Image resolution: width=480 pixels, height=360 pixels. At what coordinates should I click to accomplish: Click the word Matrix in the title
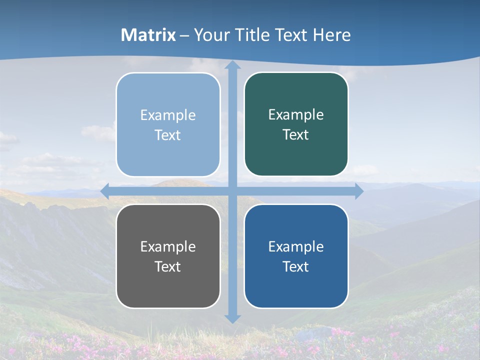tap(148, 35)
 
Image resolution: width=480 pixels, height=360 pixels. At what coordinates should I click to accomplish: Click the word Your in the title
tap(210, 35)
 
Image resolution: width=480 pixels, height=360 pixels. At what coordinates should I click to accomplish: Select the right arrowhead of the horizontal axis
tap(359, 191)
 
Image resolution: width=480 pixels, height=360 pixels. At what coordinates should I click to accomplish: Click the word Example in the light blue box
tap(168, 115)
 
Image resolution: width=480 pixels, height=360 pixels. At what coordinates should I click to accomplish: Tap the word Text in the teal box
tap(295, 134)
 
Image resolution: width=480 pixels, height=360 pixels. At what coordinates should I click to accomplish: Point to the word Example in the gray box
tap(168, 246)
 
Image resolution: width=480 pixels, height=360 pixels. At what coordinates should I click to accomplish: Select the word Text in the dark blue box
tap(295, 266)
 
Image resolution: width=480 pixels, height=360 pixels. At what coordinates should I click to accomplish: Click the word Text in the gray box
tap(167, 266)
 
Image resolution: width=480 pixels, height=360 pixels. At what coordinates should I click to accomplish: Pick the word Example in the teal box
tap(296, 114)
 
